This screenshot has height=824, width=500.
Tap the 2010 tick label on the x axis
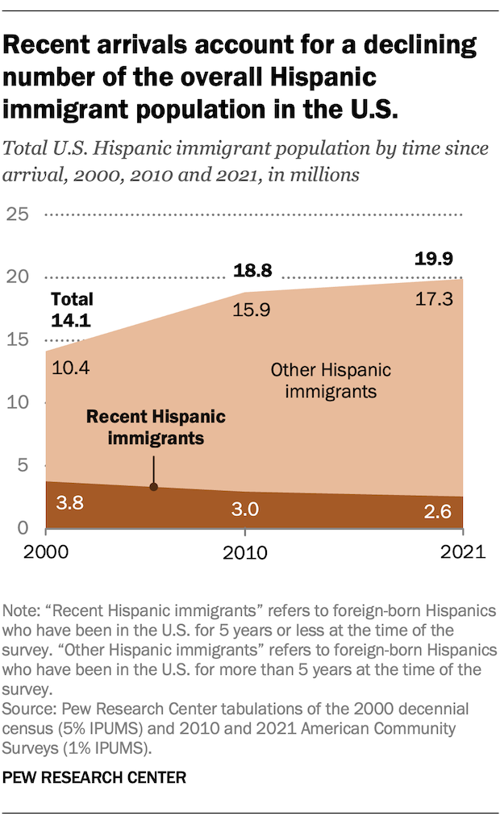244,553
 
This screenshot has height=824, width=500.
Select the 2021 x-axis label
461,553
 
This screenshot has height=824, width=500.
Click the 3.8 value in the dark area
71,505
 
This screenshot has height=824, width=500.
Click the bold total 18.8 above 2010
253,271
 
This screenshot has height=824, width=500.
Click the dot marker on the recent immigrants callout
153,487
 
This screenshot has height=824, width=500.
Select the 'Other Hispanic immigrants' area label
330,381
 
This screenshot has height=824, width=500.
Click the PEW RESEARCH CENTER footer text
95,777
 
